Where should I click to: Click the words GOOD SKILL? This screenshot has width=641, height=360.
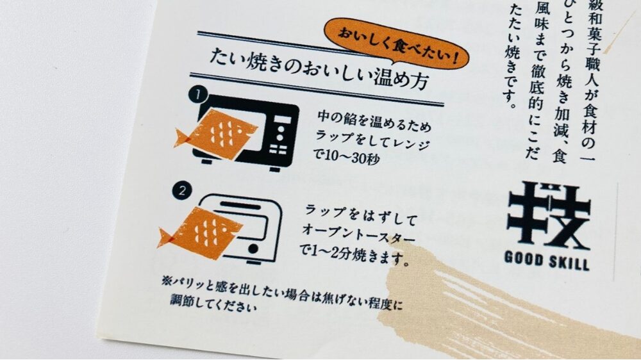(x=547, y=261)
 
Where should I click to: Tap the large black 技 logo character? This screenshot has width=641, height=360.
(x=548, y=214)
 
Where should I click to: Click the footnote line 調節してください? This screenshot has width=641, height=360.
(x=212, y=303)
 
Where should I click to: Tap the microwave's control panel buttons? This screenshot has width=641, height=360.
(x=282, y=138)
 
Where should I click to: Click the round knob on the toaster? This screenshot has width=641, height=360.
(x=256, y=247)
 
